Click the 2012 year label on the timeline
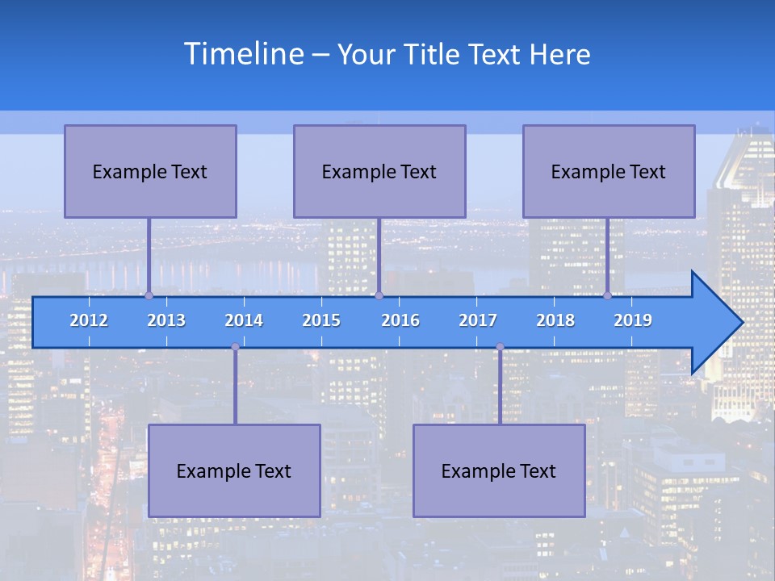click(89, 320)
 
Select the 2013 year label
click(166, 320)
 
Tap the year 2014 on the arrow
click(244, 320)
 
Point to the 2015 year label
click(321, 320)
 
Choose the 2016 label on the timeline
click(400, 320)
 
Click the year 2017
click(478, 320)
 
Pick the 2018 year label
click(555, 320)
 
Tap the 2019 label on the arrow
click(633, 320)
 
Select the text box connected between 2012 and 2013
click(150, 171)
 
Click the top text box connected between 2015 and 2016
click(379, 171)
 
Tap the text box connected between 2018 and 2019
click(609, 171)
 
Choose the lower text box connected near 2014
click(234, 470)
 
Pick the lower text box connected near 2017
click(499, 470)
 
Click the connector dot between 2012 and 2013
click(149, 295)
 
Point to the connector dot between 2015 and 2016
click(379, 295)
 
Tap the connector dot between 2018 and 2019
click(607, 295)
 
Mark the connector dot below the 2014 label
click(235, 347)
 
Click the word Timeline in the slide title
click(243, 54)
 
